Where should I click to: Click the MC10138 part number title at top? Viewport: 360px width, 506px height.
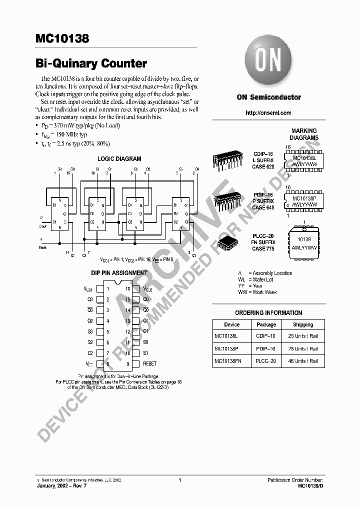pos(62,38)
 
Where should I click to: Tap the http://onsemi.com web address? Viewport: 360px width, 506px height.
pos(268,113)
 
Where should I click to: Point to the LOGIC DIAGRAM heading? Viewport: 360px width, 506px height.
pos(119,159)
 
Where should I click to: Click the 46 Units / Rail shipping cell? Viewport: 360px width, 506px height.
pos(303,361)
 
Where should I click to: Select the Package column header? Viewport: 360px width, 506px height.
pos(266,324)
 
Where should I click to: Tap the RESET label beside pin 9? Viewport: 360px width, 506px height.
pos(149,364)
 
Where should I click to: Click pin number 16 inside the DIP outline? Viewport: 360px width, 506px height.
pos(128,289)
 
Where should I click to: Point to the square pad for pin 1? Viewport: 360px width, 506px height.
pos(99,289)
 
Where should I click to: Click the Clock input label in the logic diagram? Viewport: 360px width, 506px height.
pos(43,226)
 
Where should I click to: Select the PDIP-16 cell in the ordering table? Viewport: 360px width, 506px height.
pos(266,349)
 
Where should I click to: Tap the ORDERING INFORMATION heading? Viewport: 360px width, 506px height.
pos(268,313)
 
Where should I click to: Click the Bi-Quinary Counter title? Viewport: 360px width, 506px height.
pos(91,64)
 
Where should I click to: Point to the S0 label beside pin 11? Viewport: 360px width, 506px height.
pos(145,342)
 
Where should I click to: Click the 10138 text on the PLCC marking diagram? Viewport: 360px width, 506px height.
pos(304,240)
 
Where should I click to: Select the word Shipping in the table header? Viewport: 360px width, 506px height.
pos(303,324)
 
